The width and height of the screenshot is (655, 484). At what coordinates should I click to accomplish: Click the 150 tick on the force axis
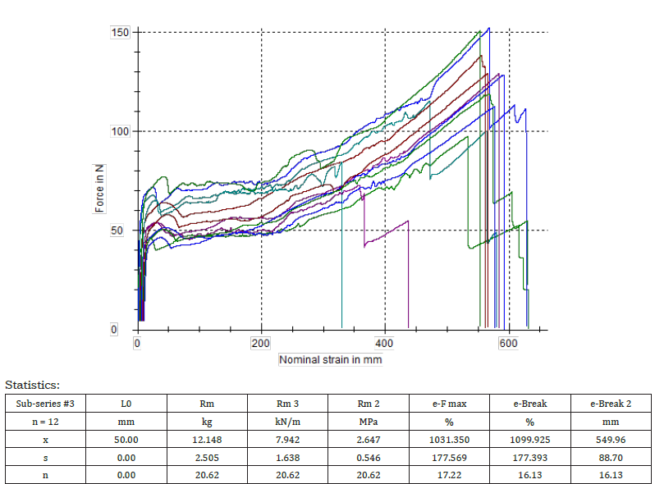coord(120,32)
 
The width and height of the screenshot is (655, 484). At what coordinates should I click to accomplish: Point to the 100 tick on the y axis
coord(120,131)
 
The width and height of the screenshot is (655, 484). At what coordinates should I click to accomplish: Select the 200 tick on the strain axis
coord(261,344)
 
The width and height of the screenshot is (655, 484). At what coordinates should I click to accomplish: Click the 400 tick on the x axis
coord(385,344)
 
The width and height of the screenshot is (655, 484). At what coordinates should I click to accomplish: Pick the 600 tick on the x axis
coord(509,344)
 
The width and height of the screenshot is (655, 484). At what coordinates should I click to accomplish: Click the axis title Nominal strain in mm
coord(330,359)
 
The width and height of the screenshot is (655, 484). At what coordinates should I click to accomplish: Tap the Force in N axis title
coord(99,189)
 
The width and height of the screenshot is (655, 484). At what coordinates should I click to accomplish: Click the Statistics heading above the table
coord(32,384)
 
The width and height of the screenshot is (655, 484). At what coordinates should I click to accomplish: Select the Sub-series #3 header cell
coord(45,403)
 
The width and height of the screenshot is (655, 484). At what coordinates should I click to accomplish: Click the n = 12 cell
coord(45,421)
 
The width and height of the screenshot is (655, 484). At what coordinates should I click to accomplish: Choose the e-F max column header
coord(450,403)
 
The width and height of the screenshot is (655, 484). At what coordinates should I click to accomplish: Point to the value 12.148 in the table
coord(208,439)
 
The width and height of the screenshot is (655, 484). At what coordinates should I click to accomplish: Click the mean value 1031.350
coord(450,439)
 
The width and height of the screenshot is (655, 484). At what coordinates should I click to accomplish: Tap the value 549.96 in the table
coord(611,439)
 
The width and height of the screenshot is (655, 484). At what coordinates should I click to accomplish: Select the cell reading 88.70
coord(611,457)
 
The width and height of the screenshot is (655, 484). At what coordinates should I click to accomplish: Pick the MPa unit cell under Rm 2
coord(369,421)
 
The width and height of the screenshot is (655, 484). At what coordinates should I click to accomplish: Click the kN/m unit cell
coord(288,421)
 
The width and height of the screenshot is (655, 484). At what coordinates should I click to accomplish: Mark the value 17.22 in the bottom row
coord(450,475)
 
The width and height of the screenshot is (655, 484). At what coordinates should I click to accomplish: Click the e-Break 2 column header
coord(611,403)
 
